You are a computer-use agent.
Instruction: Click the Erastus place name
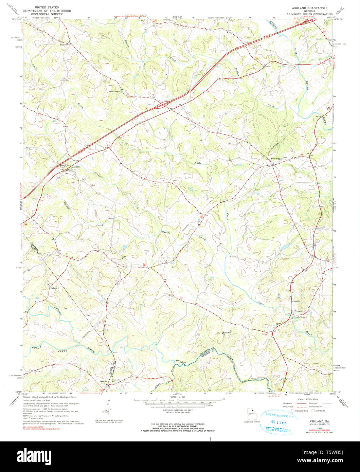[104, 382]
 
